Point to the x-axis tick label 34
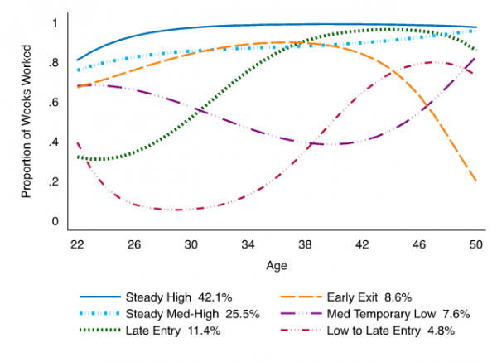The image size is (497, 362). tap(248, 245)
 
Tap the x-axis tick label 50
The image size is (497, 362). tap(475, 245)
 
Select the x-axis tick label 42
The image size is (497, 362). tap(361, 245)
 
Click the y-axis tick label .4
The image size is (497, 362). tap(55, 142)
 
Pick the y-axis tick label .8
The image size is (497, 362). tap(55, 63)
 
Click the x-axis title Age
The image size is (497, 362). tap(277, 267)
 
